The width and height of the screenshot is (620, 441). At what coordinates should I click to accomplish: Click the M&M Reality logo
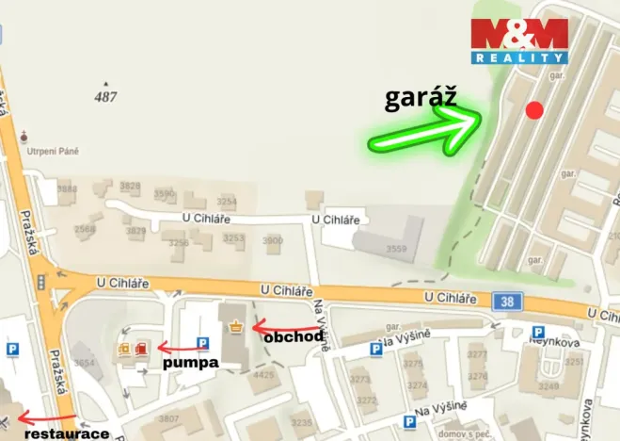[519, 41]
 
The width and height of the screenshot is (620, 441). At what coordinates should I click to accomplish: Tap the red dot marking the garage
[534, 110]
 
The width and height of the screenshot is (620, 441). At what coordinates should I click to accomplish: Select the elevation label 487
[106, 97]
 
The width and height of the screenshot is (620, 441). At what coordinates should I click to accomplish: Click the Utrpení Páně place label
[54, 151]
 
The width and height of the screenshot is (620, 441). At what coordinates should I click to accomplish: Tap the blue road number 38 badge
[506, 301]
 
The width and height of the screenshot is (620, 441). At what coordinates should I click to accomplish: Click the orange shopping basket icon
[235, 326]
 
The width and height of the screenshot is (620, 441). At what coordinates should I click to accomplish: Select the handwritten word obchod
[294, 335]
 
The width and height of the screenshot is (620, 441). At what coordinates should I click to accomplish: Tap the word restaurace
[67, 434]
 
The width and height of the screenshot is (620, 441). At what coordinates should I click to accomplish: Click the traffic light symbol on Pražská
[40, 282]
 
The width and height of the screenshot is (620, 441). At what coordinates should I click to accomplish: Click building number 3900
[272, 241]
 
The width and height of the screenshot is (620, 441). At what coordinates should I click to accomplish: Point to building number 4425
[263, 375]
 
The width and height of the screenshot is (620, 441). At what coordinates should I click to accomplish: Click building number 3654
[84, 363]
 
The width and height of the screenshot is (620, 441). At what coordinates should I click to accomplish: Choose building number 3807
[168, 418]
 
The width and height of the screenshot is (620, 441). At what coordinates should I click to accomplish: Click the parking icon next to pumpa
[202, 343]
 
